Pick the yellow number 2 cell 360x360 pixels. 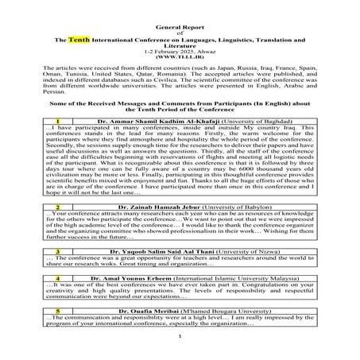[x=58, y=205]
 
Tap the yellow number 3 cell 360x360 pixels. [x=58, y=250]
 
